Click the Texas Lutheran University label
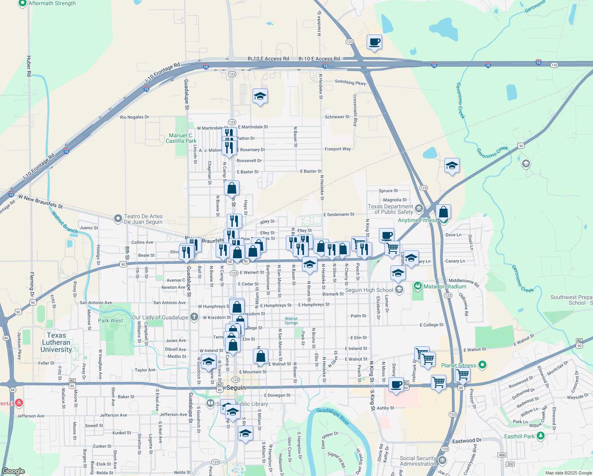(x=56, y=342)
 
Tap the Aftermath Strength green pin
(x=23, y=3)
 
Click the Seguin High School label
(x=369, y=290)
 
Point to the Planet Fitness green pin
(x=482, y=365)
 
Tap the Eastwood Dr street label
(x=467, y=441)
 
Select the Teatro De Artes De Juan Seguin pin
(x=118, y=219)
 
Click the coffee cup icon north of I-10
(x=374, y=42)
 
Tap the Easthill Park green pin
(x=540, y=436)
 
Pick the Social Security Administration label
(x=418, y=461)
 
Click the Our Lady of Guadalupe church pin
(x=194, y=317)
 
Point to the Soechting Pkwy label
(x=350, y=83)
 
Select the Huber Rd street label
(x=29, y=66)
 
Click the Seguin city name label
(x=236, y=388)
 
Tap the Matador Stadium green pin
(x=417, y=286)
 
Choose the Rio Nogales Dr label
(x=134, y=117)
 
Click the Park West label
(x=110, y=321)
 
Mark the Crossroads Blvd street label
(x=355, y=110)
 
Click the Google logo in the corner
(x=13, y=471)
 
